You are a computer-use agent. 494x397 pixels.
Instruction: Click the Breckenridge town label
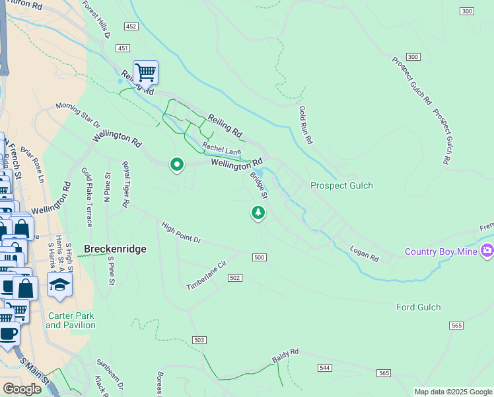click(x=115, y=249)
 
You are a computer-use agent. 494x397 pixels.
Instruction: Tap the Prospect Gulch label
click(x=341, y=185)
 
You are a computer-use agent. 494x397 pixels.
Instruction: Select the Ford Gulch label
click(x=418, y=307)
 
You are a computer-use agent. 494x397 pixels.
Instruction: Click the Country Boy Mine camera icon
click(x=487, y=250)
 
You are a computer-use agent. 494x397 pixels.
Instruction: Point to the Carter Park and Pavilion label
click(x=71, y=320)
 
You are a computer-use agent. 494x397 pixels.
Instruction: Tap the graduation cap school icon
click(x=60, y=285)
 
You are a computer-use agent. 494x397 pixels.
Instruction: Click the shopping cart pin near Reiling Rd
click(x=145, y=72)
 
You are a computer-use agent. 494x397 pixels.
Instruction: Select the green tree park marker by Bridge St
click(x=258, y=212)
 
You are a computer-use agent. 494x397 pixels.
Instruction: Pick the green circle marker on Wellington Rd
click(x=176, y=163)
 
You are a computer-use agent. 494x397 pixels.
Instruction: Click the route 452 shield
click(x=130, y=26)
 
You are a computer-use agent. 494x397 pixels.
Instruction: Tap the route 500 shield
click(x=259, y=257)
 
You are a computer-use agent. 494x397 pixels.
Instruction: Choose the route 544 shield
click(x=324, y=367)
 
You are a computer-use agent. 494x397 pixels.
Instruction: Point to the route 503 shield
click(x=200, y=340)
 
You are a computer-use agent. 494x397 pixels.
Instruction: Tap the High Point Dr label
click(x=181, y=232)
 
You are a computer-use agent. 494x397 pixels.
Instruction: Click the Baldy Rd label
click(x=285, y=356)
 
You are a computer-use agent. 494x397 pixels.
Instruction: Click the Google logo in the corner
click(x=22, y=389)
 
